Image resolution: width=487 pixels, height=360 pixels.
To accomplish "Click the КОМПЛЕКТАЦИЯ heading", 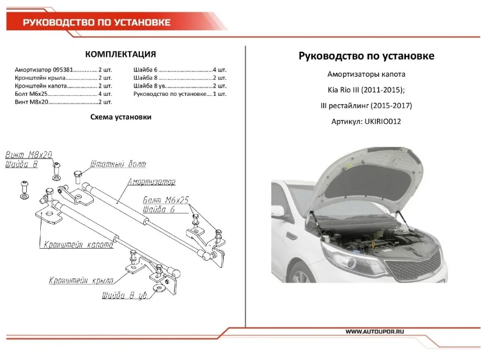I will click(x=121, y=54).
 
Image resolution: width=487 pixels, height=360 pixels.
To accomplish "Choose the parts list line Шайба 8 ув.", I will click(x=180, y=85).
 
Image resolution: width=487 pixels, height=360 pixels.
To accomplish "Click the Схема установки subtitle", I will click(x=121, y=117).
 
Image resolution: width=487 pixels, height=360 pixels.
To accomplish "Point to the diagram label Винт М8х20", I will click(x=29, y=155).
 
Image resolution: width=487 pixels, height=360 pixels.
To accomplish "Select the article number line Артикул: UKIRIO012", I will click(x=366, y=121).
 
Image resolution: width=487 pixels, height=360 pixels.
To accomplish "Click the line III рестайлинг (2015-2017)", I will click(x=366, y=106).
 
